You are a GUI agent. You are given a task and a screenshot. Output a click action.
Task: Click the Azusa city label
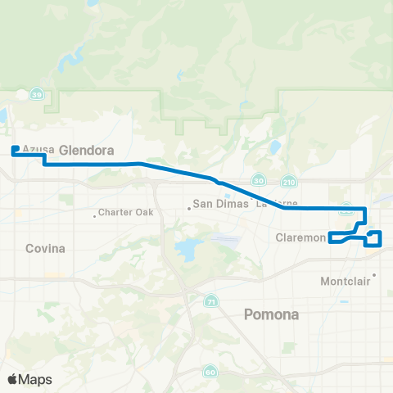click(x=38, y=149)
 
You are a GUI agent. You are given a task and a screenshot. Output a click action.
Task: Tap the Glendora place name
click(x=85, y=150)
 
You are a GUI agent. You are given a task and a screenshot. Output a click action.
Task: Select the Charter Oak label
click(x=125, y=214)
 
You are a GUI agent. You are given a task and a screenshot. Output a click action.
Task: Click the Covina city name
click(x=44, y=248)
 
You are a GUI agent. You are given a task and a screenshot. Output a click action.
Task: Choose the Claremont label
click(x=300, y=238)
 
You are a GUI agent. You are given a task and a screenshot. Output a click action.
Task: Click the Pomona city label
click(x=273, y=314)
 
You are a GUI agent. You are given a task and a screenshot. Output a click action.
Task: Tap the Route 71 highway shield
click(x=210, y=300)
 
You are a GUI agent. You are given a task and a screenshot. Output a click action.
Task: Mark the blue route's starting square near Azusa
click(x=16, y=149)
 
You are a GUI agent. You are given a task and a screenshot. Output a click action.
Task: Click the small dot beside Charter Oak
click(x=95, y=215)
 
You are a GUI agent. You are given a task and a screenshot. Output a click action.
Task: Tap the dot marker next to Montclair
click(x=373, y=275)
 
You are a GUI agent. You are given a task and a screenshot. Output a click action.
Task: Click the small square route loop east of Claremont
click(x=374, y=237)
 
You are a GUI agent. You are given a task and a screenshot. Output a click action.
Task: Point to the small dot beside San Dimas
click(x=189, y=207)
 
